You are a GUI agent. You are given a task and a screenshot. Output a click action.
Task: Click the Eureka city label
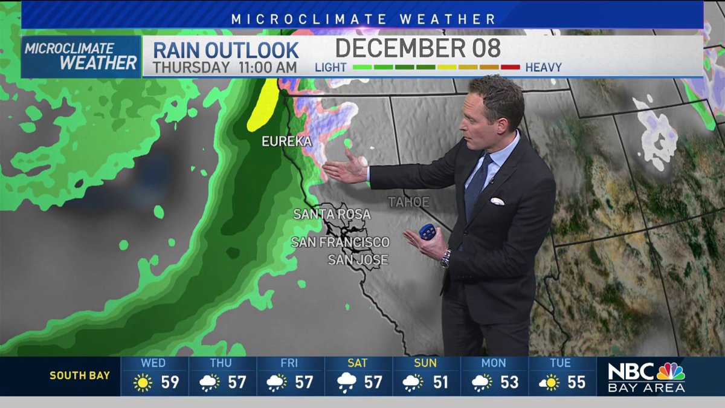click(x=286, y=141)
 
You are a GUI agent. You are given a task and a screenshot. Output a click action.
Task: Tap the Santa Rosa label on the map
click(x=332, y=214)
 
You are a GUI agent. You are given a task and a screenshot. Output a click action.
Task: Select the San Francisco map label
click(x=340, y=242)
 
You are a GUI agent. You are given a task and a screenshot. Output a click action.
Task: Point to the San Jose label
click(x=358, y=260)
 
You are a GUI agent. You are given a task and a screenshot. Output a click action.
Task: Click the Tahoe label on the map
click(x=408, y=202)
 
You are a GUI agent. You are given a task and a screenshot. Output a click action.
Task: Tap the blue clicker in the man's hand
click(x=428, y=232)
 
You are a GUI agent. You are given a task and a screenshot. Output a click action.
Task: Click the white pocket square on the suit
click(x=497, y=201)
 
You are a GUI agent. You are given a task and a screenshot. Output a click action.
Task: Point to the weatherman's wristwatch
click(x=446, y=258)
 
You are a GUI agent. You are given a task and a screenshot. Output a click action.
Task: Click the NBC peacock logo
click(x=671, y=371)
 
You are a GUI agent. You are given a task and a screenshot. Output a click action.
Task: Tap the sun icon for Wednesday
click(x=143, y=383)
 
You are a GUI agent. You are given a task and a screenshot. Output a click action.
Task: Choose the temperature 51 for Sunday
click(x=441, y=383)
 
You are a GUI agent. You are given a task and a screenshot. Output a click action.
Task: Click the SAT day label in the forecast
click(x=357, y=363)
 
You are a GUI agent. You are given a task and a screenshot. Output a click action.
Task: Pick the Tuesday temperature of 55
click(x=577, y=383)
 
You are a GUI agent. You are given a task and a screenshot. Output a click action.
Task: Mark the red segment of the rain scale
click(x=510, y=67)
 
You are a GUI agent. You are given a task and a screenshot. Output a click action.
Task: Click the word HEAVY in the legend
click(x=543, y=67)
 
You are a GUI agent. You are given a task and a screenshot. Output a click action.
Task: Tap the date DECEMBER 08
click(x=418, y=48)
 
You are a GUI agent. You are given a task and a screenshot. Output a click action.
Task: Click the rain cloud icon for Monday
click(x=482, y=383)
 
